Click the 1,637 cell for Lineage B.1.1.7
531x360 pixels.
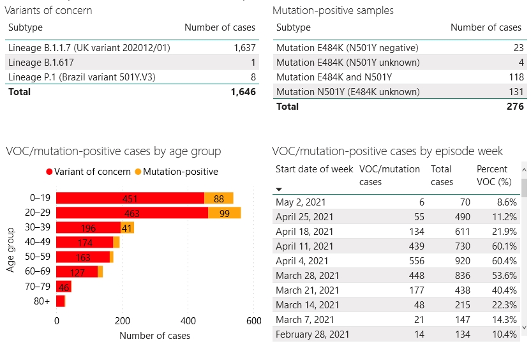[244, 48]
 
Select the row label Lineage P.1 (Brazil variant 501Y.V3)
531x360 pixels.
[82, 77]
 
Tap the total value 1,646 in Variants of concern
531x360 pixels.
[243, 92]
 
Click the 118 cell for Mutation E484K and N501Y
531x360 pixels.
[514, 77]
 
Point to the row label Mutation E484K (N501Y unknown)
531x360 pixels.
[348, 63]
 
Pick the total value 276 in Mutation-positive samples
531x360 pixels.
[514, 107]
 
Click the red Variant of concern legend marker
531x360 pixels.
[49, 172]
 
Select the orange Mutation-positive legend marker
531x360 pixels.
[138, 172]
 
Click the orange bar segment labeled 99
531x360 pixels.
[224, 213]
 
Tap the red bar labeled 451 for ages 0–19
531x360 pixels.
[130, 198]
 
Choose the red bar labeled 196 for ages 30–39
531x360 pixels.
[89, 227]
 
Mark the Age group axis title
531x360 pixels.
[11, 250]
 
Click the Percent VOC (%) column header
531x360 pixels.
[493, 176]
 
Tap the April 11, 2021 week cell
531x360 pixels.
[304, 246]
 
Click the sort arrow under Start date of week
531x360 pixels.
[279, 190]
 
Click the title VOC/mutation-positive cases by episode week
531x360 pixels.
[387, 151]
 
